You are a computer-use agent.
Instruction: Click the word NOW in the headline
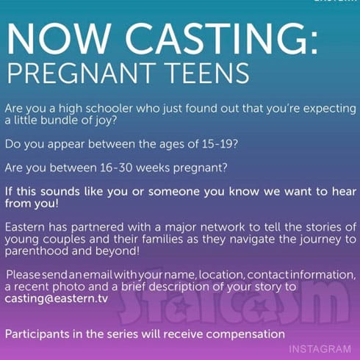(58, 39)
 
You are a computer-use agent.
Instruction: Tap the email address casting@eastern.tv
(57, 299)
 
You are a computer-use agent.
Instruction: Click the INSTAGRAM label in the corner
(320, 349)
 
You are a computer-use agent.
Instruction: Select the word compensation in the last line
(245, 334)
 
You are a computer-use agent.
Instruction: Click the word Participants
(37, 334)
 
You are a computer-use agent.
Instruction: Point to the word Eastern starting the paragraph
(24, 227)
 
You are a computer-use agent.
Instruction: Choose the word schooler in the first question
(109, 109)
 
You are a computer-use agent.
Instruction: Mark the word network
(223, 228)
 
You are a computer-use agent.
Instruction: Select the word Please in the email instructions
(23, 275)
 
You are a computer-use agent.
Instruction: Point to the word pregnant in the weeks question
(201, 168)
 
